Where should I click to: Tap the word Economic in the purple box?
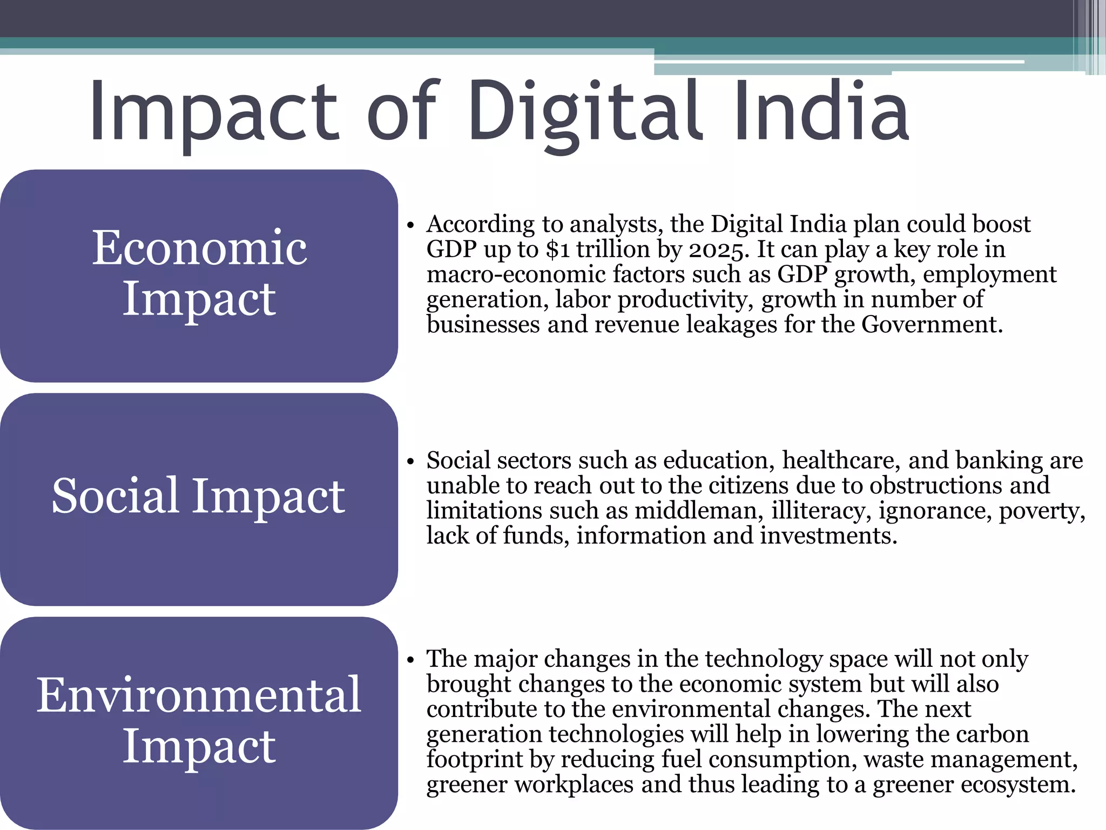point(199,247)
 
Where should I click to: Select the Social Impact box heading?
point(198,496)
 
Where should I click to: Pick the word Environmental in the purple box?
point(199,695)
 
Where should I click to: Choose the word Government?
point(932,325)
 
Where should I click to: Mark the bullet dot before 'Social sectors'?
point(410,462)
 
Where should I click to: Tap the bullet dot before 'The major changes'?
point(410,660)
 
